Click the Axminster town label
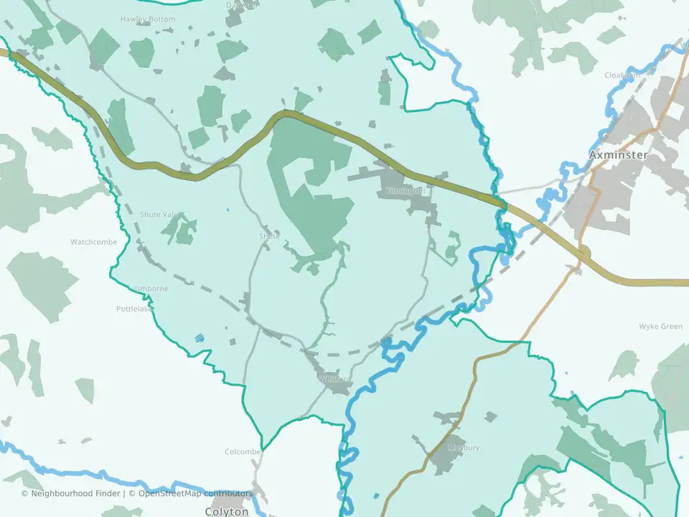(x=618, y=154)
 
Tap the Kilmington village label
(x=406, y=192)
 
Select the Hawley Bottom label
(x=147, y=19)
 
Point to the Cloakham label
(x=622, y=75)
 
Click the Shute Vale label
(x=159, y=215)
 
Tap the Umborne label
(x=151, y=289)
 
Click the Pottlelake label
(x=134, y=309)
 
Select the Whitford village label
(x=335, y=379)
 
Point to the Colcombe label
(x=242, y=452)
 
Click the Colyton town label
(x=227, y=511)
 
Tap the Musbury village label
(x=463, y=447)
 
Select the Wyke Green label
(x=660, y=327)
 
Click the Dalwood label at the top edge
(x=241, y=5)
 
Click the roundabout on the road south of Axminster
(x=583, y=253)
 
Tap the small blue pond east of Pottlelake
(x=199, y=337)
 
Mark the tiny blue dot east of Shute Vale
(x=227, y=210)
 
